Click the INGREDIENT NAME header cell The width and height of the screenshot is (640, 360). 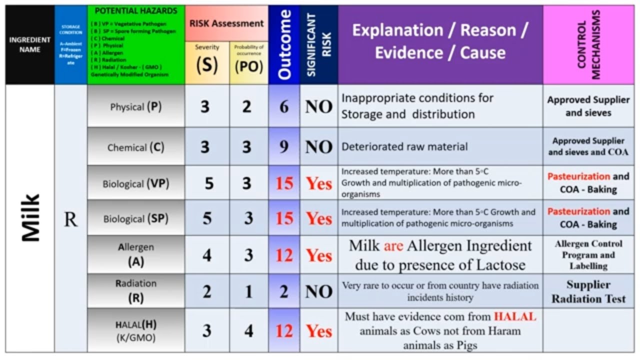pyautogui.click(x=30, y=44)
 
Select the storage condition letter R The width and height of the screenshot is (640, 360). pyautogui.click(x=70, y=219)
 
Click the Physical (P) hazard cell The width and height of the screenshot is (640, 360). pyautogui.click(x=135, y=106)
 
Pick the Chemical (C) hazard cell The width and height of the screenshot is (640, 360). pyautogui.click(x=135, y=147)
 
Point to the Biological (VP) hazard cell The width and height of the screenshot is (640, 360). pyautogui.click(x=135, y=183)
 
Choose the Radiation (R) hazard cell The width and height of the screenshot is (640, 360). pyautogui.click(x=135, y=290)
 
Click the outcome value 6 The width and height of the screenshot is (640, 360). pyautogui.click(x=284, y=106)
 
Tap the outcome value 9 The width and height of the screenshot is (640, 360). pyautogui.click(x=284, y=147)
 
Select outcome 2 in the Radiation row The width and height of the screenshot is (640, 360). pyautogui.click(x=284, y=291)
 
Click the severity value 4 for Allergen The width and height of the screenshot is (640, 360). pyautogui.click(x=207, y=255)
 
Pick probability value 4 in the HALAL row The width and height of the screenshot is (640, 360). pyautogui.click(x=248, y=330)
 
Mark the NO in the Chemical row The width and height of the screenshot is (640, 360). pyautogui.click(x=318, y=147)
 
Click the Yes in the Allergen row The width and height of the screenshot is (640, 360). pyautogui.click(x=318, y=255)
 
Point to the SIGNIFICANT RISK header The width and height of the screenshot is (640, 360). pyautogui.click(x=319, y=45)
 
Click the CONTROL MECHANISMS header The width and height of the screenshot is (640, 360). pyautogui.click(x=588, y=45)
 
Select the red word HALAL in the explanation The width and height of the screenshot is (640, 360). pyautogui.click(x=515, y=316)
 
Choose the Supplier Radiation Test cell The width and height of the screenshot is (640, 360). pyautogui.click(x=588, y=291)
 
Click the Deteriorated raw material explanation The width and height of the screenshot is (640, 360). pyautogui.click(x=404, y=147)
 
